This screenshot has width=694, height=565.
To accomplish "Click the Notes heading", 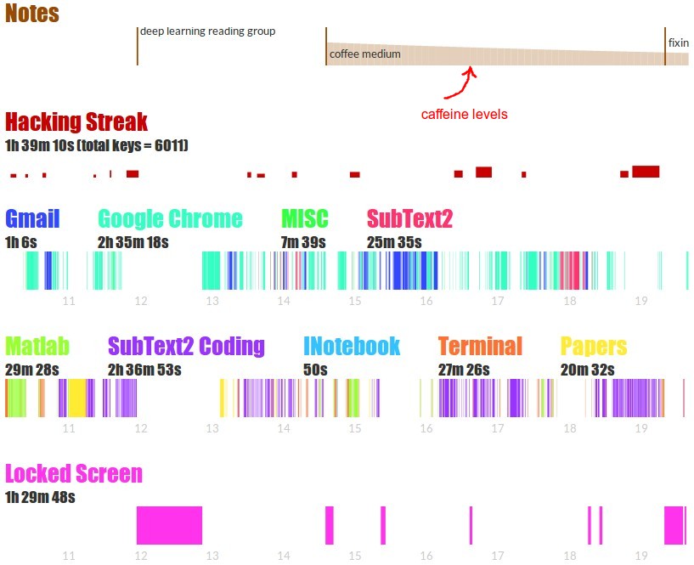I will point(32,14).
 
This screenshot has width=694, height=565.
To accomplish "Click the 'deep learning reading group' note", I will point(208,31).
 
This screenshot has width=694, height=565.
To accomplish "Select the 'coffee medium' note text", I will point(365,54).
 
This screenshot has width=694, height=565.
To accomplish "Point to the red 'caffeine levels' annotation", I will point(465,114).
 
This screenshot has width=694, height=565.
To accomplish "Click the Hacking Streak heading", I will point(76,121).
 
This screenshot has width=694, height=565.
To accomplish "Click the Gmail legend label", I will point(32,218).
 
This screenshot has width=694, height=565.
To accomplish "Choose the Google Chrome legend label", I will point(170,218).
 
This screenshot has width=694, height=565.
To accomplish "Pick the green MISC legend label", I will point(305,218).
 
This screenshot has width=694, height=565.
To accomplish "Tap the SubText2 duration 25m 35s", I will point(394,242).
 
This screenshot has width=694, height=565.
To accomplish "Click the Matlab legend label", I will point(37,346).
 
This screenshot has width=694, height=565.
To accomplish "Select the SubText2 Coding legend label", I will point(186,346).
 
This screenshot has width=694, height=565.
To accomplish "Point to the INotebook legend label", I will point(352,346).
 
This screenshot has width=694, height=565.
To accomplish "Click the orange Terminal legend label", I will point(480,346).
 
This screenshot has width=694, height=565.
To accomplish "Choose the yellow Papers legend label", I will point(594,346).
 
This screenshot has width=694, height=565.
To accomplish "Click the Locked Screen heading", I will point(74,473).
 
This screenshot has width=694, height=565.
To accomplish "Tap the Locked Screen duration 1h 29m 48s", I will point(40,497).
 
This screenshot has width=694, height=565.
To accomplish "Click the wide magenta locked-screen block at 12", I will point(169,525).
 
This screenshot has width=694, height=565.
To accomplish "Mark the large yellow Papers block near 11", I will point(77,398).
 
